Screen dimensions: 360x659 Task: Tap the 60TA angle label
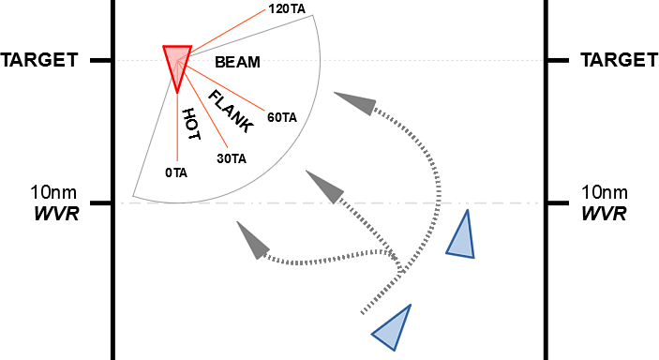pyautogui.click(x=282, y=117)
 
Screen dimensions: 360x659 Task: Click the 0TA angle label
pyautogui.click(x=176, y=172)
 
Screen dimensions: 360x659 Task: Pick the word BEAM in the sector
pyautogui.click(x=237, y=62)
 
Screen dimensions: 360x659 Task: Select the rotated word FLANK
pyautogui.click(x=231, y=112)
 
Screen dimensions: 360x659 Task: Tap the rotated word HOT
pyautogui.click(x=191, y=123)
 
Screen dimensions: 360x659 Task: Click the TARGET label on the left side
pyautogui.click(x=38, y=60)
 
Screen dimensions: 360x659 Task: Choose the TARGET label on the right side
pyautogui.click(x=619, y=60)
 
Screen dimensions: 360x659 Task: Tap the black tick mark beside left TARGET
pyautogui.click(x=101, y=61)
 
